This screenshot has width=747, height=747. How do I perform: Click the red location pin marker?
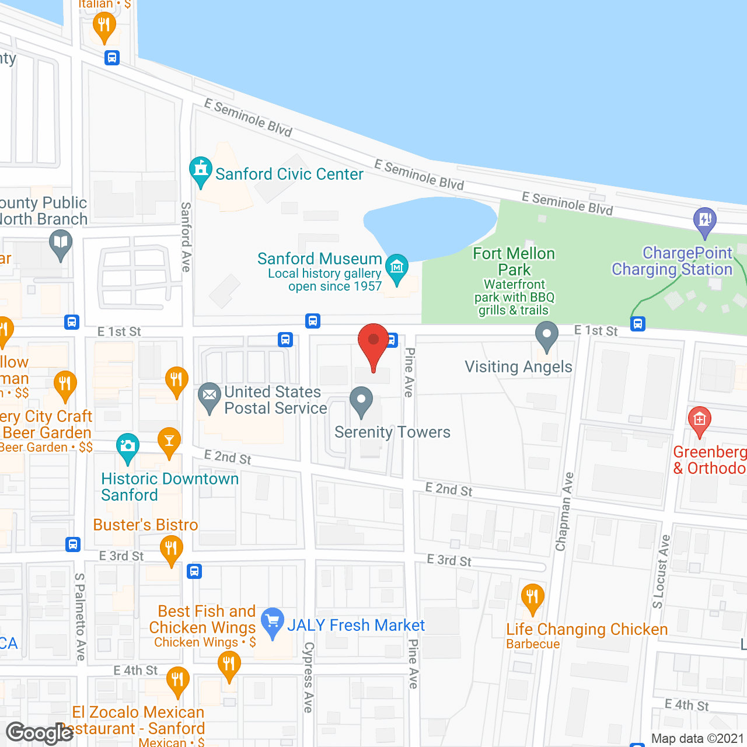point(373,344)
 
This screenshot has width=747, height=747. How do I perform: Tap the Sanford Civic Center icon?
point(201,171)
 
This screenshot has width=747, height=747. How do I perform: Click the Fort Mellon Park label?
point(514,261)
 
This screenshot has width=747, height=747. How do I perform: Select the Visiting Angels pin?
point(547,337)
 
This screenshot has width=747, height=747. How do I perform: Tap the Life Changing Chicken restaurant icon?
point(532,598)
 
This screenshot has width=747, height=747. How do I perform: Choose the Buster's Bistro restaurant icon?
point(171,550)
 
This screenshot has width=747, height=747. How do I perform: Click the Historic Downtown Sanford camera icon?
point(128,447)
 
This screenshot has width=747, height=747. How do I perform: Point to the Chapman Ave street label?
point(565,512)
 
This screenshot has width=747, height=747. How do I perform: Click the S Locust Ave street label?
point(661,571)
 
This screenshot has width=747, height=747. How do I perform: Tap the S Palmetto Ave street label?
point(80,617)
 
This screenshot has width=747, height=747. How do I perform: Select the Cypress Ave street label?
point(309,677)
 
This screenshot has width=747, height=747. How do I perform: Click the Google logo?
point(40,733)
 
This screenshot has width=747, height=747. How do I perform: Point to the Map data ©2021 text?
point(697,739)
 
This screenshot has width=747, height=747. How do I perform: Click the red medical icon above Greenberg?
point(699,420)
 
